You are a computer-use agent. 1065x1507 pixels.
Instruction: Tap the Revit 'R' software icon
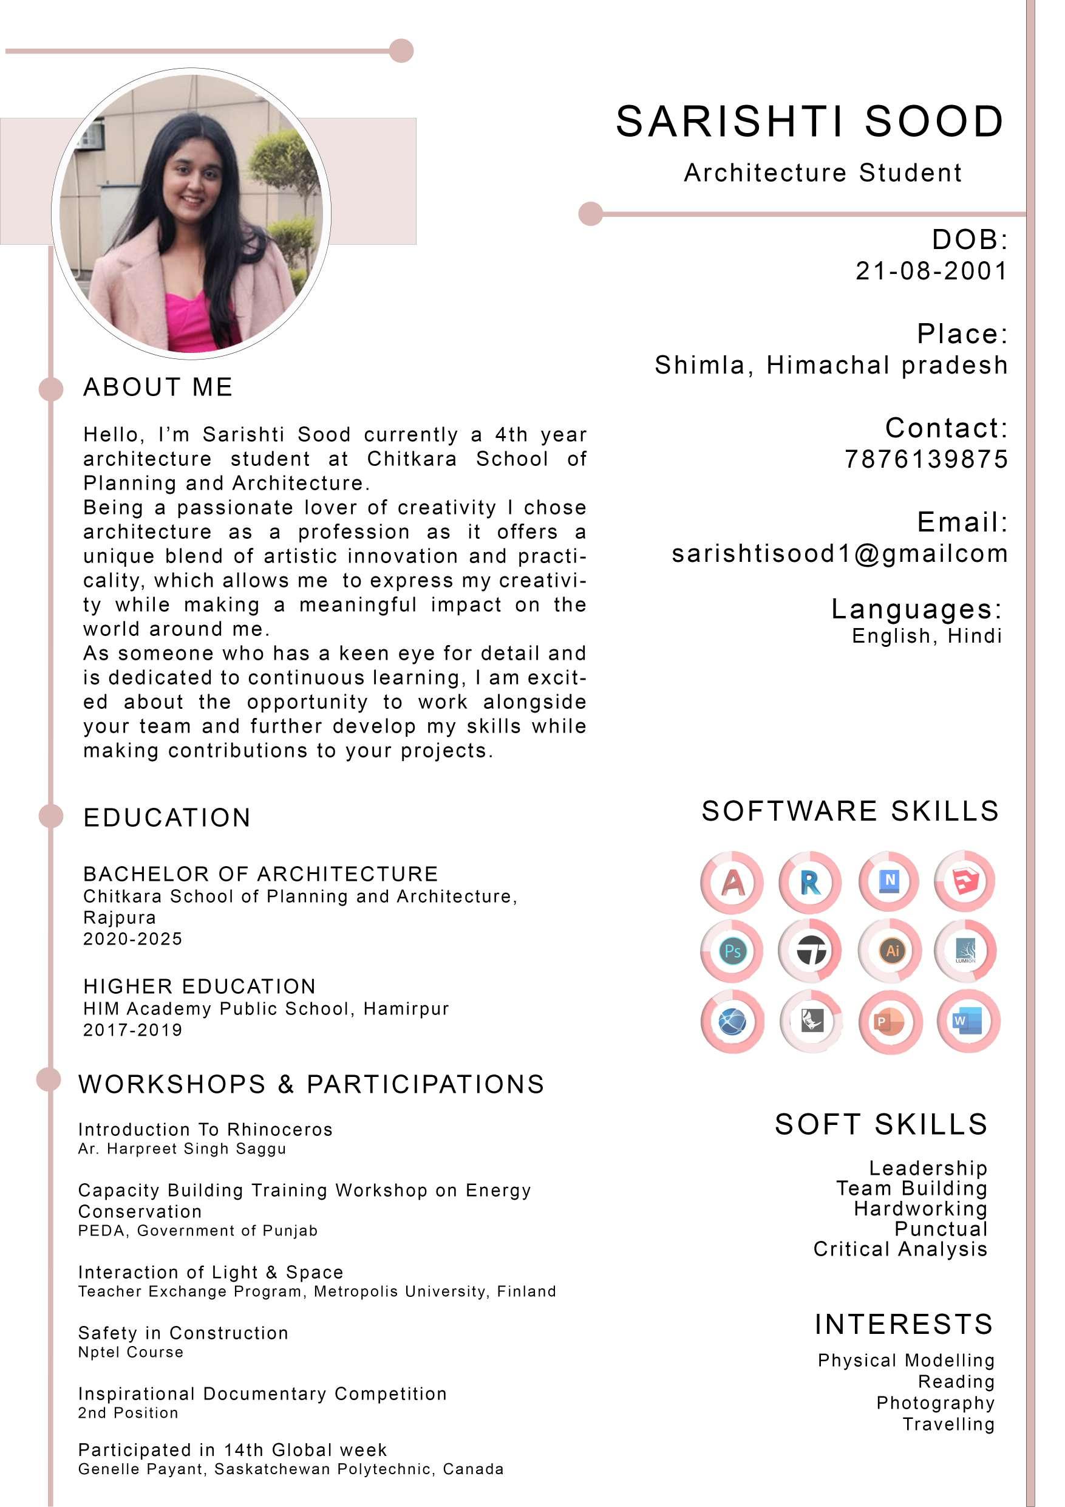point(811,883)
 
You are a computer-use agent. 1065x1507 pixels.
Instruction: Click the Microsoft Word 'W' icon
point(968,1022)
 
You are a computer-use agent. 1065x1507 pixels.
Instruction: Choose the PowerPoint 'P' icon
point(891,1022)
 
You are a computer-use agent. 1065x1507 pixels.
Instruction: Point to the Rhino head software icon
point(812,1022)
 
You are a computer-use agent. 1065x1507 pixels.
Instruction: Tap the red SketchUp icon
point(965,881)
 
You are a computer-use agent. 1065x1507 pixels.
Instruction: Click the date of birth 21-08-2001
point(931,270)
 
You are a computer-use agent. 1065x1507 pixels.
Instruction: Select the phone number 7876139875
point(926,459)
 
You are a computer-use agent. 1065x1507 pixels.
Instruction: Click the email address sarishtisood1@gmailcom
point(839,553)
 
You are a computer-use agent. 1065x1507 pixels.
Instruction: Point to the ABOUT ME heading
point(158,388)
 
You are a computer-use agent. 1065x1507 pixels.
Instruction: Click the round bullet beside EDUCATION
point(51,816)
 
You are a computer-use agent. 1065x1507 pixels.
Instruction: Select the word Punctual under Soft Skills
point(941,1229)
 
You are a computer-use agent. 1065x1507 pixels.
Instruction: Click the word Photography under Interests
point(935,1403)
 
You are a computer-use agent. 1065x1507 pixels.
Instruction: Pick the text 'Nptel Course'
point(131,1352)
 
